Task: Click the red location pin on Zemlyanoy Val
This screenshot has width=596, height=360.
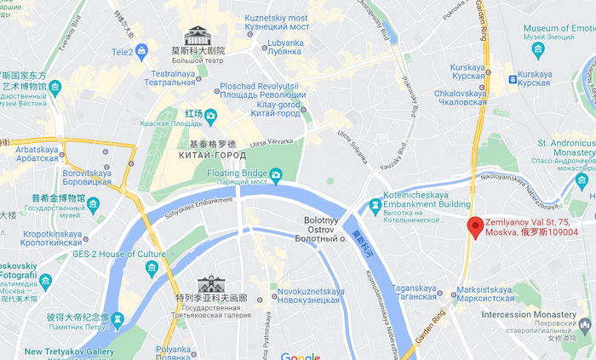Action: [x=475, y=226]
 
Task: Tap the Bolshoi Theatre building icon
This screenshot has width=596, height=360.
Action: [x=197, y=36]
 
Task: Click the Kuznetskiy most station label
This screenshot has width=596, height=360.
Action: [x=277, y=23]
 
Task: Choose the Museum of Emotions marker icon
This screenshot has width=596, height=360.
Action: [x=537, y=49]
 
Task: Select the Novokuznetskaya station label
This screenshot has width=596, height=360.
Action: [x=311, y=296]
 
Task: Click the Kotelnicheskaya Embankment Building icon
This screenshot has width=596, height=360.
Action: [x=375, y=205]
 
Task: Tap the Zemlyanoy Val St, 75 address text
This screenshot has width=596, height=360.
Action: [x=531, y=226]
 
